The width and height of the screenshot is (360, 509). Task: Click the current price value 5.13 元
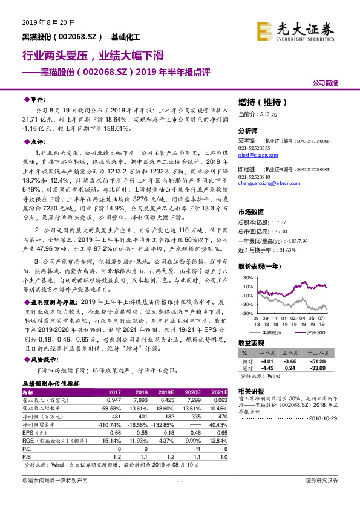click(266, 114)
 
